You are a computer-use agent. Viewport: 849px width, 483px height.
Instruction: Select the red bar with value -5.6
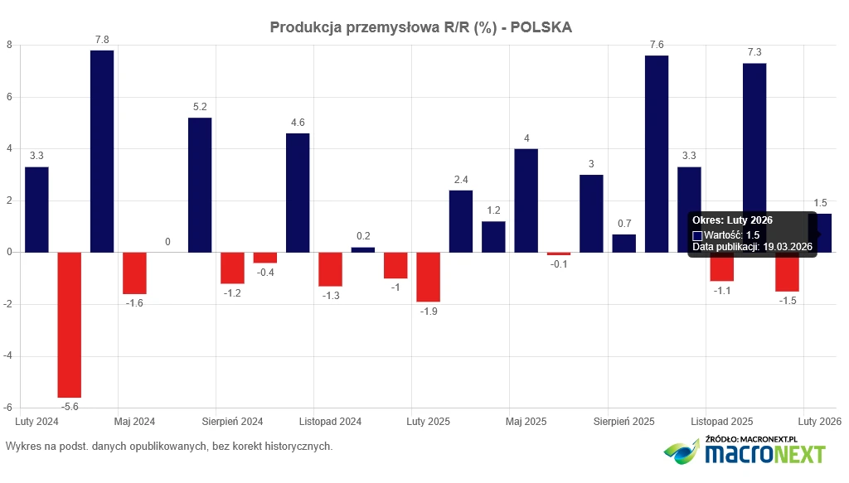[70, 325]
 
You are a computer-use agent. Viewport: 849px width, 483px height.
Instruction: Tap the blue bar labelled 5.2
[200, 185]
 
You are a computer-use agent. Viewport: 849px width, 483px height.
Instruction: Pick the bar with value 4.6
[298, 192]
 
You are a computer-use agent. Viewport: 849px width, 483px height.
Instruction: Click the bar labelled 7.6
[657, 153]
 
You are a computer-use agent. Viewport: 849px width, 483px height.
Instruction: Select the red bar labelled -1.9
[428, 277]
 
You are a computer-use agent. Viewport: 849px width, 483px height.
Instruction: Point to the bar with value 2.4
[461, 221]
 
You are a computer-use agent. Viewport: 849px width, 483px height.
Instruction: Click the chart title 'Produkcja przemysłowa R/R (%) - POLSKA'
[420, 27]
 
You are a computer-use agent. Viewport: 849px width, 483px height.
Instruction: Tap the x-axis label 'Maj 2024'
[135, 421]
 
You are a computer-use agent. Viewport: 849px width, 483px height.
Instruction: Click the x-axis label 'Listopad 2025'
[722, 421]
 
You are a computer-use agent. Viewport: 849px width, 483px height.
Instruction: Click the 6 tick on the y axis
[9, 97]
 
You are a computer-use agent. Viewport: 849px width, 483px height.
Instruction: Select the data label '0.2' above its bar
[363, 236]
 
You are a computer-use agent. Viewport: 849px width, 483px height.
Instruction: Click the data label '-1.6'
[135, 304]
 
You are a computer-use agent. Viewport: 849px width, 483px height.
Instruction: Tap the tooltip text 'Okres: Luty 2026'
[732, 220]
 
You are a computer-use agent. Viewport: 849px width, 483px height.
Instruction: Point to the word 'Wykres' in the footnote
[22, 447]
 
